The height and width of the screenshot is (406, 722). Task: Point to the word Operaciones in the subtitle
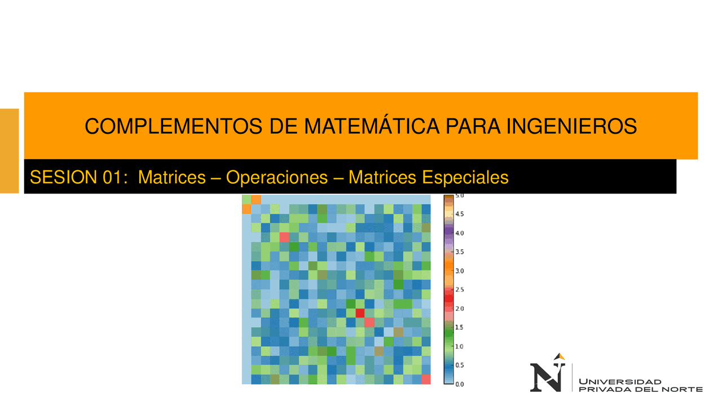pyautogui.click(x=276, y=178)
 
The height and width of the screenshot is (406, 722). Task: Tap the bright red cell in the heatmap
pyautogui.click(x=360, y=313)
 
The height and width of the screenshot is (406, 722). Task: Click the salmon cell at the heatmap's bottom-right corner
pyautogui.click(x=426, y=379)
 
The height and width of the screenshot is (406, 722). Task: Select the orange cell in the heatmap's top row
pyautogui.click(x=256, y=200)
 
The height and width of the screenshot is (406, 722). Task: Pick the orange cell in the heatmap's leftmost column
pyautogui.click(x=246, y=209)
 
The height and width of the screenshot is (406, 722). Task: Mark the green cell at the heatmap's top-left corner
pyautogui.click(x=246, y=200)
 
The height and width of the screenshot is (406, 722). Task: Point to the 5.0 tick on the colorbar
pyautogui.click(x=459, y=195)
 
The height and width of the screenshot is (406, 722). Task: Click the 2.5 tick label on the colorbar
pyautogui.click(x=459, y=289)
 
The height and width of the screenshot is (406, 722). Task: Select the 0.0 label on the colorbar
pyautogui.click(x=459, y=384)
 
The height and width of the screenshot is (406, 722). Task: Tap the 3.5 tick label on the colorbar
pyautogui.click(x=459, y=251)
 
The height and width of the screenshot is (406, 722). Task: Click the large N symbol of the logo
pyautogui.click(x=546, y=377)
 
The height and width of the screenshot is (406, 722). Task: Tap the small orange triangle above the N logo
pyautogui.click(x=560, y=356)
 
